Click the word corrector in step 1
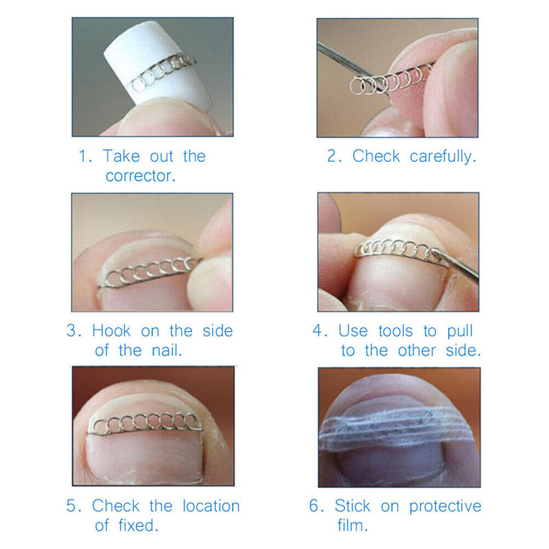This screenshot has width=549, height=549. coord(141,176)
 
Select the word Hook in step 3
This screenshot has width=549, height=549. coord(111,331)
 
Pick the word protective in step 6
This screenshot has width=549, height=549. coord(445,507)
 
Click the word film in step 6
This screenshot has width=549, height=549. coord(354,526)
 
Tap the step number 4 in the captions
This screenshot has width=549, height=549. coord(318,331)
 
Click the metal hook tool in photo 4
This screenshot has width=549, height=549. coord(456,264)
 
